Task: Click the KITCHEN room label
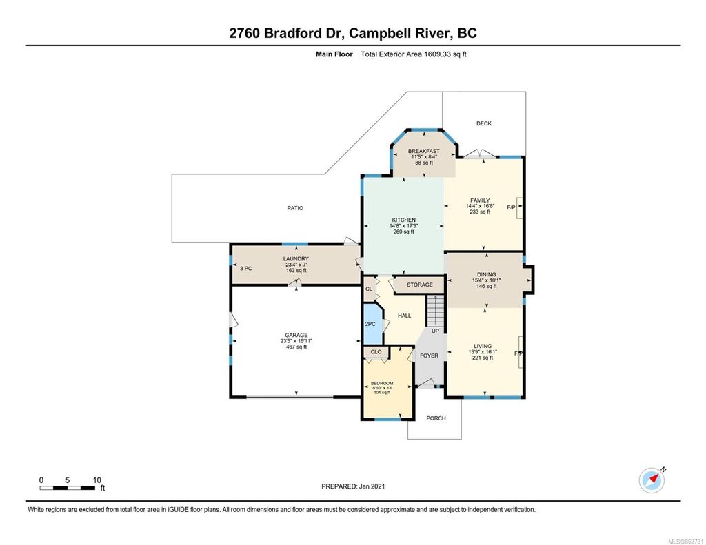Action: click(403, 220)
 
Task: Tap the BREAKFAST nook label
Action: click(423, 151)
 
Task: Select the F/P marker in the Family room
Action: click(512, 207)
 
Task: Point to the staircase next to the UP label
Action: click(434, 311)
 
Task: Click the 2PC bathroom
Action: click(370, 324)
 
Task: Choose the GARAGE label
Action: click(296, 335)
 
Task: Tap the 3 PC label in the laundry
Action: click(245, 268)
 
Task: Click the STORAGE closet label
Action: click(419, 285)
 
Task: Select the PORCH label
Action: click(436, 418)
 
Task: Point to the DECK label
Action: click(483, 123)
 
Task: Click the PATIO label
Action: click(295, 208)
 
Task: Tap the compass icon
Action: click(651, 480)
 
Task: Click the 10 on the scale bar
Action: click(97, 480)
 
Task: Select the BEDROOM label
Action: click(382, 383)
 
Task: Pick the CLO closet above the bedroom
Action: click(376, 351)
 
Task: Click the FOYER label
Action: click(429, 356)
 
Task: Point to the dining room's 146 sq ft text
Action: click(486, 286)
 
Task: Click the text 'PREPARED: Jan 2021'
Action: click(353, 486)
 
